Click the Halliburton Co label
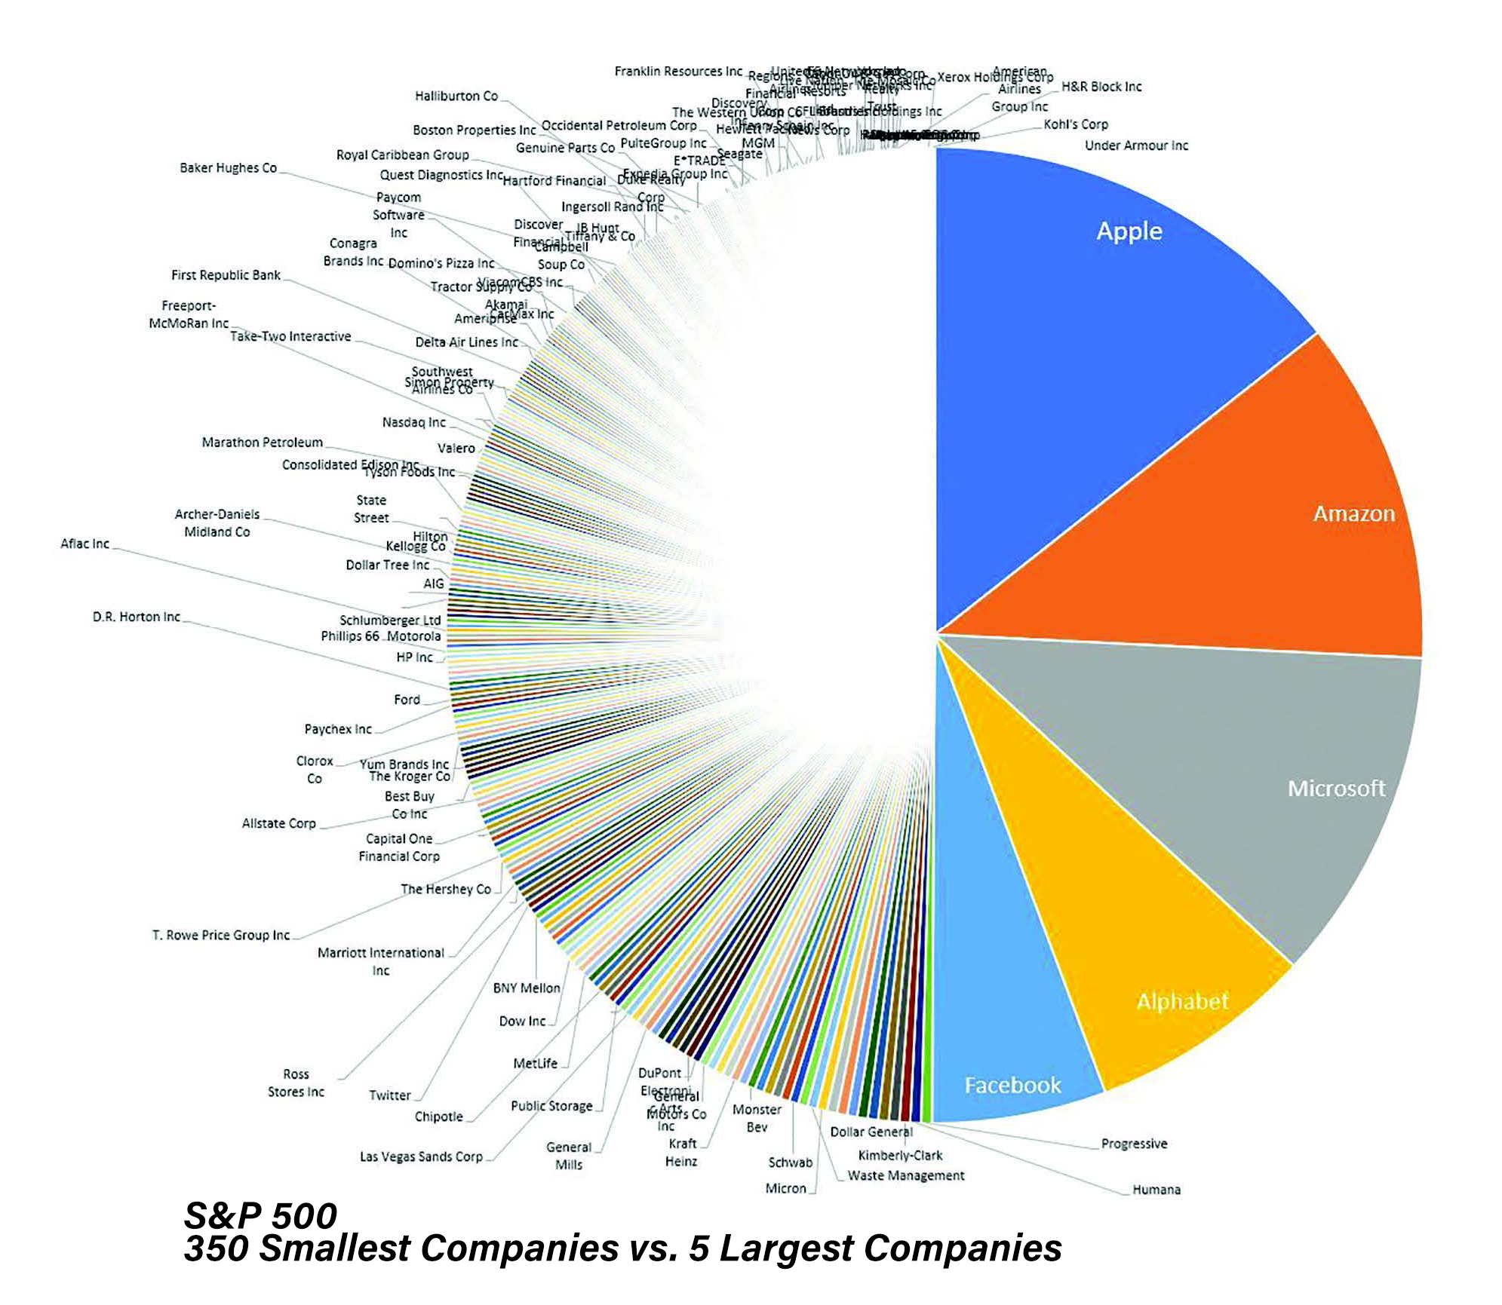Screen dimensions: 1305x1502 pyautogui.click(x=456, y=96)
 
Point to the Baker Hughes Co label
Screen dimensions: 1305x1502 pyautogui.click(x=228, y=168)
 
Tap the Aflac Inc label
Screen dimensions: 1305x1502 pyautogui.click(x=84, y=544)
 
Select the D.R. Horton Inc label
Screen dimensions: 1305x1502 pyautogui.click(x=136, y=617)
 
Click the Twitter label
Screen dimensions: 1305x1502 pyautogui.click(x=389, y=1095)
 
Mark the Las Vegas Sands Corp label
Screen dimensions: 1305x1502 pyautogui.click(x=421, y=1156)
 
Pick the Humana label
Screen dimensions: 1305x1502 pyautogui.click(x=1156, y=1190)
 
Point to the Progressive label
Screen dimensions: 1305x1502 pyautogui.click(x=1134, y=1144)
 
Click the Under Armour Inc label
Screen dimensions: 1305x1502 pyautogui.click(x=1136, y=146)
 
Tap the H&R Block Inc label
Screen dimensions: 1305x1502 pyautogui.click(x=1101, y=87)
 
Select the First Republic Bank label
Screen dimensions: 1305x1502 pyautogui.click(x=226, y=275)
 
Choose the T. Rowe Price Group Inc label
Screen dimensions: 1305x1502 pyautogui.click(x=221, y=936)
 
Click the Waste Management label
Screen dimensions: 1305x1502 pyautogui.click(x=905, y=1175)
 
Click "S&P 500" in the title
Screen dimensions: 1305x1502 pyautogui.click(x=260, y=1215)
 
